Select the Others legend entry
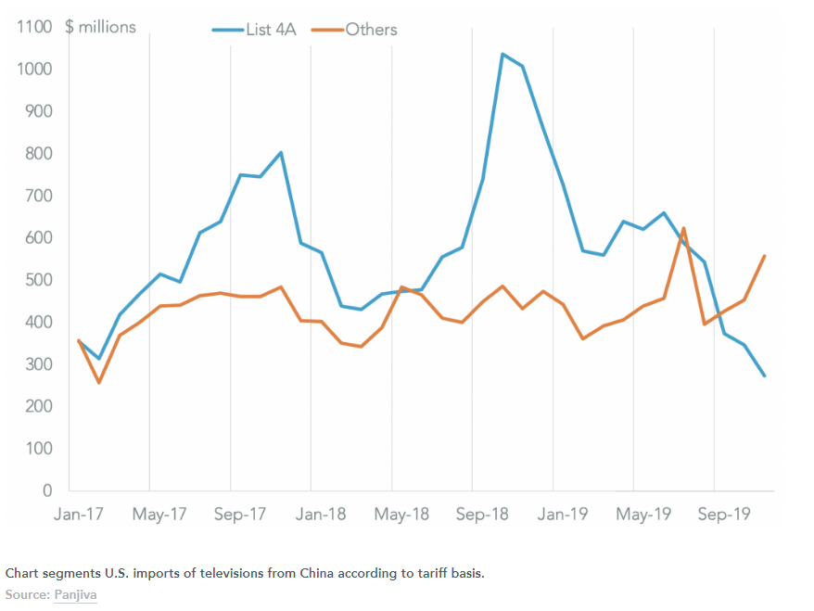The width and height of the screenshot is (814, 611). click(x=371, y=30)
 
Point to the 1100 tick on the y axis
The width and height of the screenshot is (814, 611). click(x=34, y=27)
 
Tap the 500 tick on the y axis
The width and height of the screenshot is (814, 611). click(x=39, y=280)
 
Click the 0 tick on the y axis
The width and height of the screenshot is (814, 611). click(x=47, y=490)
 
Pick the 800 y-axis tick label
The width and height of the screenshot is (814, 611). click(x=39, y=154)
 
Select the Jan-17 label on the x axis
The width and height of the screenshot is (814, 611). click(x=79, y=514)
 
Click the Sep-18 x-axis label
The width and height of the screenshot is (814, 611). click(x=483, y=514)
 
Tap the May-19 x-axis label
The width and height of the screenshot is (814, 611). click(x=644, y=514)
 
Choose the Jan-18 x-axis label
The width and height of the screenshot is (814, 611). click(x=321, y=514)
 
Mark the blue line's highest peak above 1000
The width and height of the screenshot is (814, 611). click(x=502, y=54)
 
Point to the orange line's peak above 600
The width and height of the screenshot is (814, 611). click(x=683, y=228)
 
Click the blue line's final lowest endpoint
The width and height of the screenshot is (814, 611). click(x=765, y=376)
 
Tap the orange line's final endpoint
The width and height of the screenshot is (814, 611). click(x=765, y=256)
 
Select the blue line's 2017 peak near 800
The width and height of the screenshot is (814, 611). click(x=280, y=152)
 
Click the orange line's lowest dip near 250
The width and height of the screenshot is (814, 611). click(x=98, y=382)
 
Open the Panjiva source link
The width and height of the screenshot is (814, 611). click(x=76, y=593)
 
